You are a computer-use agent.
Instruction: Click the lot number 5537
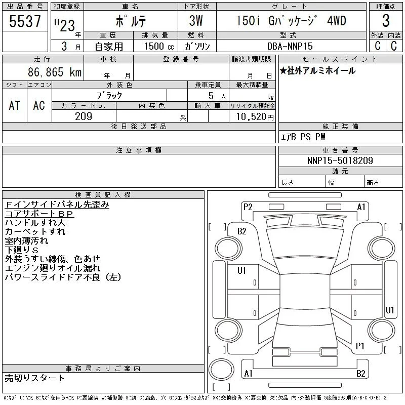25,21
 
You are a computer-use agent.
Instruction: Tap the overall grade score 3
386,21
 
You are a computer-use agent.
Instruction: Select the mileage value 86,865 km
55,72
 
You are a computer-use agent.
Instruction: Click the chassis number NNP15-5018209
340,160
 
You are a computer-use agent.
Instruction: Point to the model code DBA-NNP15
290,46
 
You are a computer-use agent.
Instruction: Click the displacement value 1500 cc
159,46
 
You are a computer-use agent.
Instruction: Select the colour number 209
84,116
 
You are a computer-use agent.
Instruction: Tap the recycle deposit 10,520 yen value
255,117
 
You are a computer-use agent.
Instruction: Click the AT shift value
15,105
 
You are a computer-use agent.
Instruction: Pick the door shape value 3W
196,21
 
